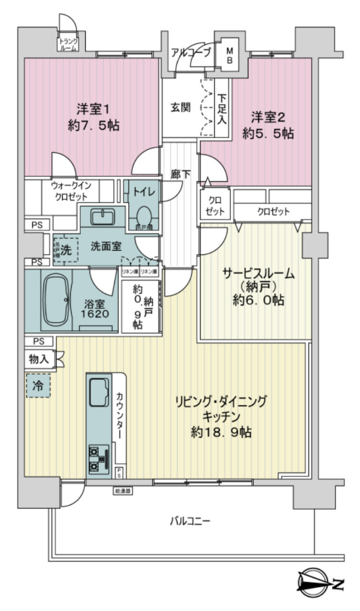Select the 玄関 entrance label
pos(180,107)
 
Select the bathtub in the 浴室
pos(55,301)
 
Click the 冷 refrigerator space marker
pos(37,385)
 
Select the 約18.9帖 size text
pos(221,432)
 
